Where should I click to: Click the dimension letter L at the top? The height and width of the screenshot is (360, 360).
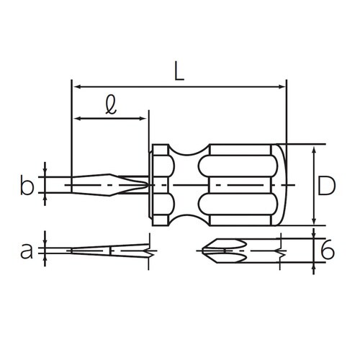coord(179,71)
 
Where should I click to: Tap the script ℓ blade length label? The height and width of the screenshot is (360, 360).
coord(111,104)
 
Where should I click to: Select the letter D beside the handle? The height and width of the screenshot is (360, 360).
coord(326,185)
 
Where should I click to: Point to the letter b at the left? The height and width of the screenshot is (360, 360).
coord(27,185)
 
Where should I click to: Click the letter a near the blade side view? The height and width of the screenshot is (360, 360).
coord(27,251)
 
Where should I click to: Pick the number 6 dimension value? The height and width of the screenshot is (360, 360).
coord(328,251)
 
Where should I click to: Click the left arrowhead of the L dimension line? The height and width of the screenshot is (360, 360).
coord(76,86)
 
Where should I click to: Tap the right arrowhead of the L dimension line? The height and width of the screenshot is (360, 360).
coord(281,86)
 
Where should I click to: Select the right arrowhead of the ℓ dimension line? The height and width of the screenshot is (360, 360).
coord(143,118)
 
